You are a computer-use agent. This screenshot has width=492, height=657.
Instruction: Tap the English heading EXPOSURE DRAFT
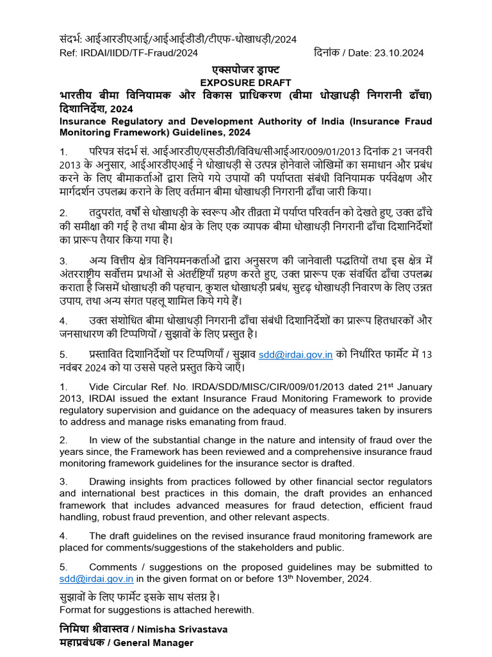click(246, 83)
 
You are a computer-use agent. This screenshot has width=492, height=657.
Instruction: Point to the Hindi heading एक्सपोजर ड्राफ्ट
click(246, 69)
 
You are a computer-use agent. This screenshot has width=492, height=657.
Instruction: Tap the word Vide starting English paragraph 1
click(102, 387)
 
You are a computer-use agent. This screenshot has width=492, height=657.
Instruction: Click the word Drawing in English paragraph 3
click(111, 481)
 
